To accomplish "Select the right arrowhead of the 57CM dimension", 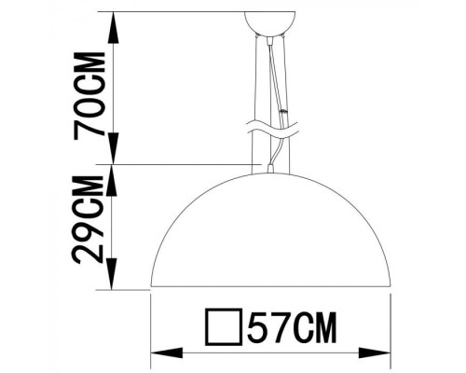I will tap(382, 352).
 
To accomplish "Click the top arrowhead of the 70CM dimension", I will tap(113, 21).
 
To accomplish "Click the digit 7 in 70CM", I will tap(94, 128).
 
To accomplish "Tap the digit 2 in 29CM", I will tap(94, 253).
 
